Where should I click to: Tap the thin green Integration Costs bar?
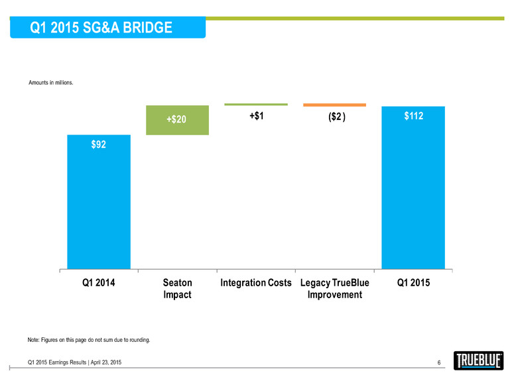coord(256,104)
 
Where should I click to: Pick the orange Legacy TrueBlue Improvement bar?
coord(334,105)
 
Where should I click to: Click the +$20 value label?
coord(176,120)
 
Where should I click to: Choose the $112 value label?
coord(414,117)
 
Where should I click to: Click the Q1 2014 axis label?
coord(98,283)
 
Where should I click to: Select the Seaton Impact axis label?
coord(177,288)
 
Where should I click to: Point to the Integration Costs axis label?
coord(256,283)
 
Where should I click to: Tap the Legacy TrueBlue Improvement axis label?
coord(335,288)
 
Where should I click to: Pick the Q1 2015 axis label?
coord(413,283)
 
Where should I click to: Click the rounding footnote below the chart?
coord(89,341)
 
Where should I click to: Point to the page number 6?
coord(439,362)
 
